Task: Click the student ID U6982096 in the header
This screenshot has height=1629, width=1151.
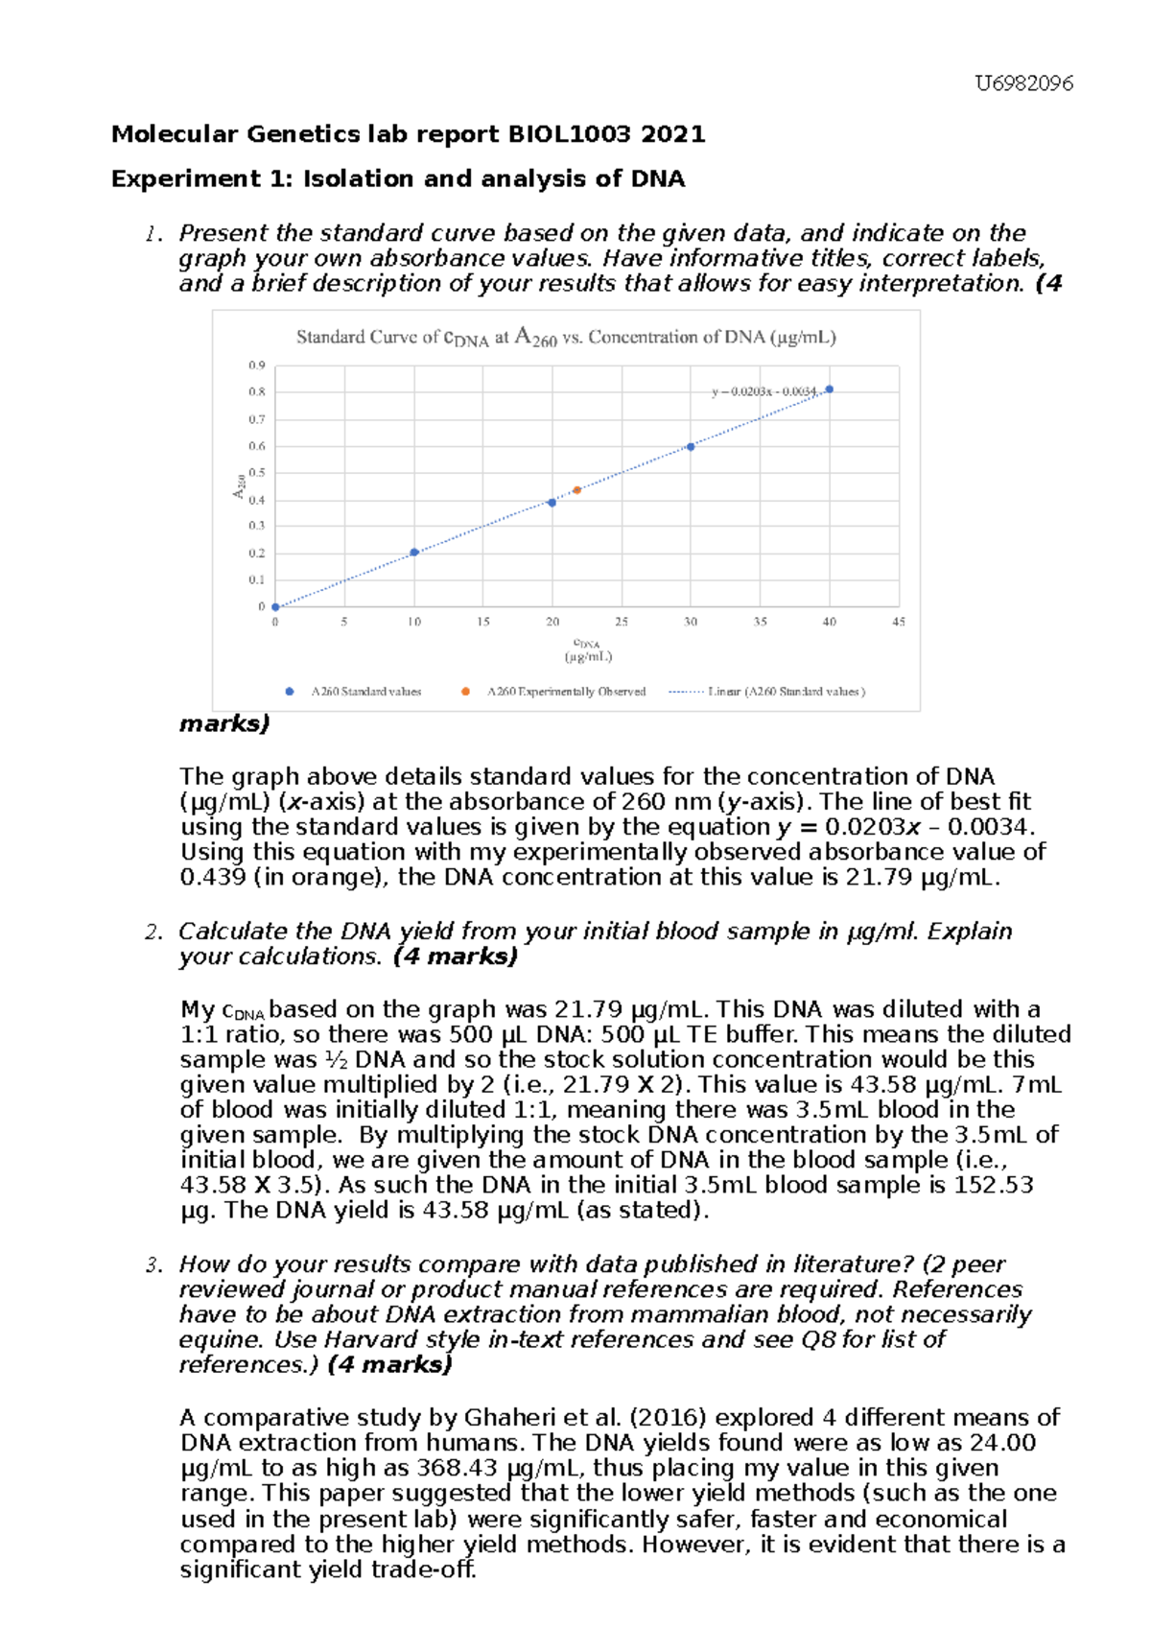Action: click(1023, 83)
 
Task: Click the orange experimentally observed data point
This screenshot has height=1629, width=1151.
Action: click(576, 490)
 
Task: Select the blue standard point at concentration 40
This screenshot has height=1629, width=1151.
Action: click(829, 390)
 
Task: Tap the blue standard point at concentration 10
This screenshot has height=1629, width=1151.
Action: click(414, 553)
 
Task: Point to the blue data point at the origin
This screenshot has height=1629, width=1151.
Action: click(275, 607)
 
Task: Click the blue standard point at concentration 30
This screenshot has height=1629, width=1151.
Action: click(691, 447)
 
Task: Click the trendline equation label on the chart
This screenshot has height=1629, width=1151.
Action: click(763, 391)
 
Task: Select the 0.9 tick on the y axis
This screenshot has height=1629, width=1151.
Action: click(256, 366)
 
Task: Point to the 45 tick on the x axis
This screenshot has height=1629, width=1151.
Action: click(899, 622)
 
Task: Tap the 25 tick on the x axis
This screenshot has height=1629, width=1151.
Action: click(622, 622)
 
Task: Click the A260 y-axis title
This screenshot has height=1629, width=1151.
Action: click(239, 486)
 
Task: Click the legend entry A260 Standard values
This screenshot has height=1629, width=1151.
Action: click(365, 692)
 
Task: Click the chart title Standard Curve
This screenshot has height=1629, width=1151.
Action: click(566, 338)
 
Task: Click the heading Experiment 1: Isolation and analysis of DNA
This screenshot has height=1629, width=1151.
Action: click(398, 179)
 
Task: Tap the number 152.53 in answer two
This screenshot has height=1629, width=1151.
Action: click(994, 1185)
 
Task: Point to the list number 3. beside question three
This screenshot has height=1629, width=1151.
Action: click(153, 1265)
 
